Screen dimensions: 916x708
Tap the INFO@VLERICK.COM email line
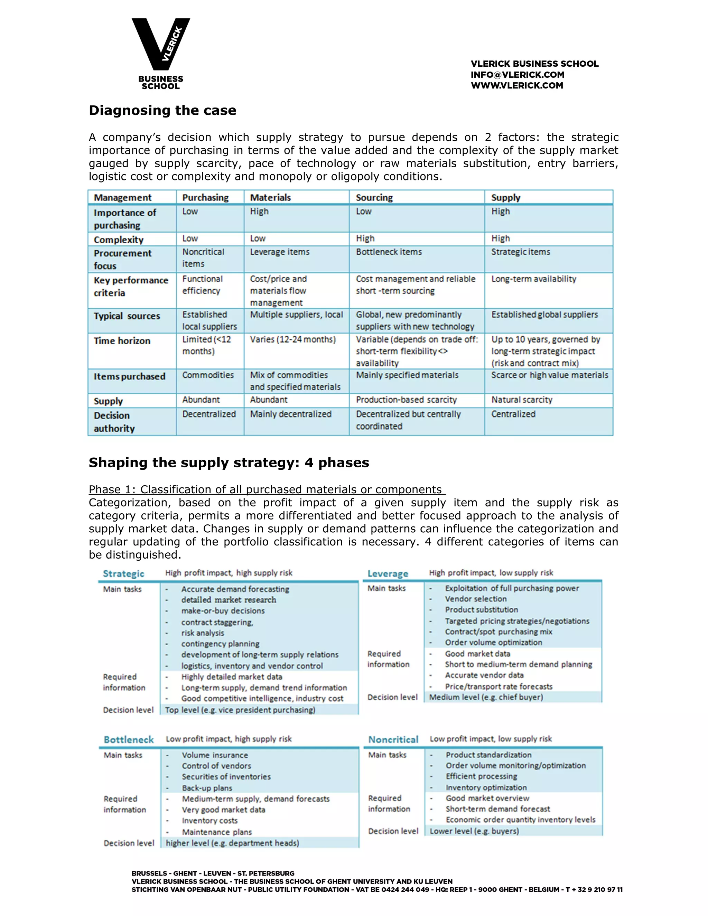point(517,75)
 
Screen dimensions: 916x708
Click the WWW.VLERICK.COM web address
point(517,86)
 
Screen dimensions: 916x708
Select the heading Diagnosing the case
point(162,110)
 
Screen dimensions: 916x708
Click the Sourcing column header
point(374,197)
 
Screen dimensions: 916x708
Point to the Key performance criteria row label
point(131,287)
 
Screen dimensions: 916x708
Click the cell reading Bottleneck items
point(389,252)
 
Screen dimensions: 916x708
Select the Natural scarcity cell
point(522,400)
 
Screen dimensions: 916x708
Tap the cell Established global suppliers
point(544,315)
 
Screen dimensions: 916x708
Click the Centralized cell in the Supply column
point(513,414)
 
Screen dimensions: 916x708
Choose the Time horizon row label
point(122,340)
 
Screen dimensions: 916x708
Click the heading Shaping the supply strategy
point(229,462)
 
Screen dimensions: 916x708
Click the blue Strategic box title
point(123,573)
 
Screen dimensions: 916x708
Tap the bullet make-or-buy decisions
point(223,611)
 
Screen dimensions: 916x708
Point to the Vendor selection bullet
point(476,599)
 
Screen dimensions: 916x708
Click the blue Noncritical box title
point(393,739)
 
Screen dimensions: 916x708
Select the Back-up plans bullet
point(207,788)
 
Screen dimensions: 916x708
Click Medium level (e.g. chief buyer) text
point(486,697)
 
